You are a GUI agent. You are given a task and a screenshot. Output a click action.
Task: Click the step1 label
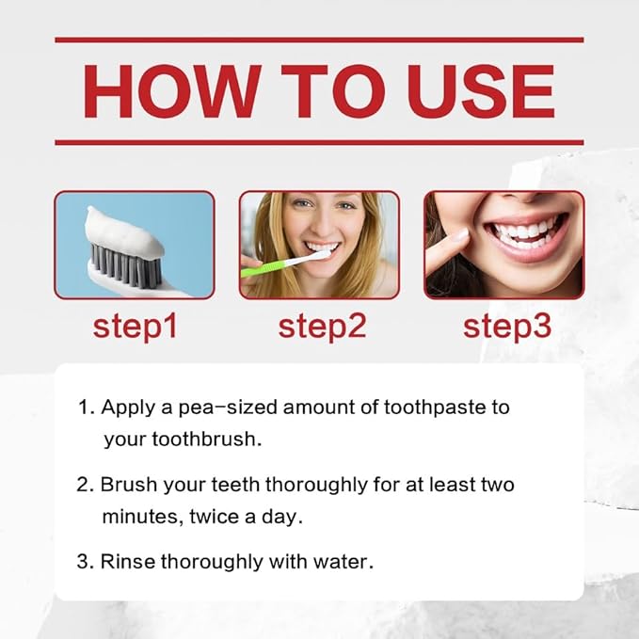pos(135,326)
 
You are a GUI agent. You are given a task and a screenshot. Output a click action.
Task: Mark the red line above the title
pos(319,40)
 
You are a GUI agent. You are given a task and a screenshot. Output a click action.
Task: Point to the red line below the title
pos(319,142)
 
